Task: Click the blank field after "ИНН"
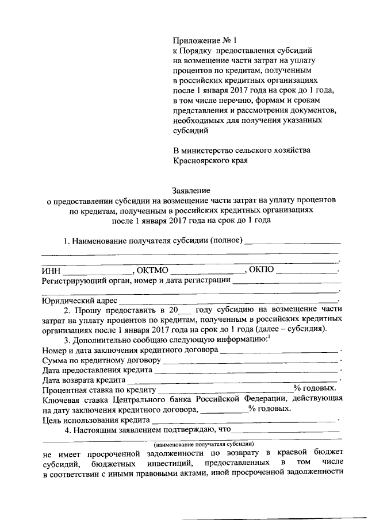click(98, 271)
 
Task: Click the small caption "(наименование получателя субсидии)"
click(204, 444)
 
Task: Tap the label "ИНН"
click(51, 271)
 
